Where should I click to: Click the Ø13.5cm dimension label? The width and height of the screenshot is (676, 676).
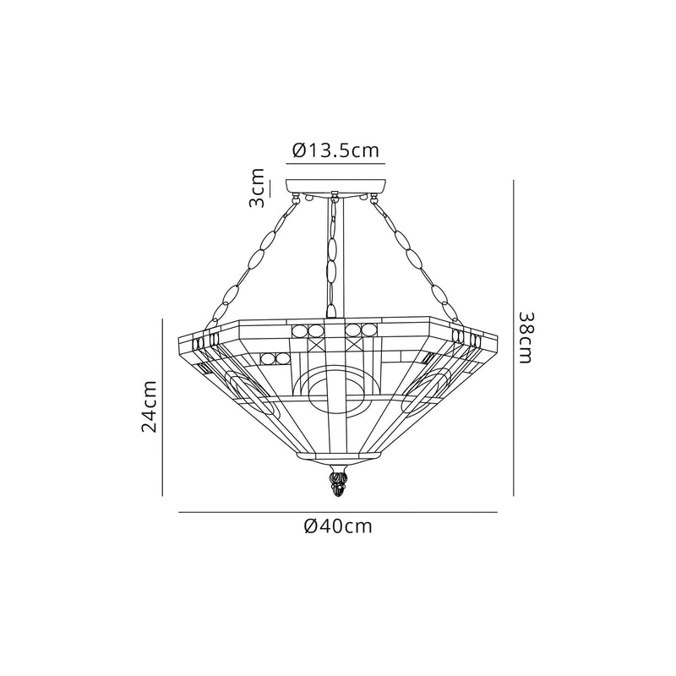[335, 150]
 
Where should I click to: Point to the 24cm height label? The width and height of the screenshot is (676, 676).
[150, 406]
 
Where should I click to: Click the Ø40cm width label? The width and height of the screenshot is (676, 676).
[338, 526]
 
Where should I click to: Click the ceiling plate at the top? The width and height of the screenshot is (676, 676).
[338, 186]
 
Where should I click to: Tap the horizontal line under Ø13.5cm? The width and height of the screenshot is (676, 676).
[336, 162]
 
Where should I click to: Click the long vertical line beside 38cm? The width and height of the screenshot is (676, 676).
[514, 338]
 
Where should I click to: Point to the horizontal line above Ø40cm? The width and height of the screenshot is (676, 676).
[338, 512]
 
